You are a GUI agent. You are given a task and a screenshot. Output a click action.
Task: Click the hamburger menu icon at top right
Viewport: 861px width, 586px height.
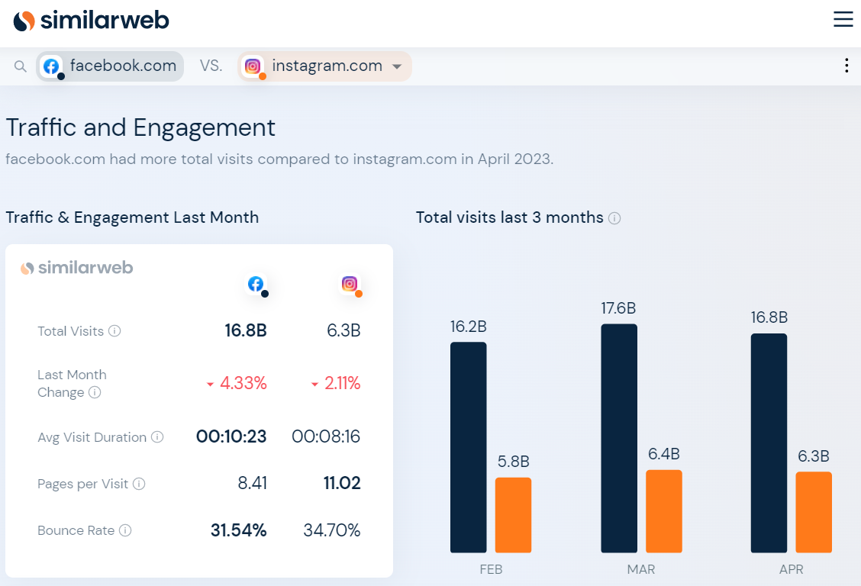pyautogui.click(x=843, y=20)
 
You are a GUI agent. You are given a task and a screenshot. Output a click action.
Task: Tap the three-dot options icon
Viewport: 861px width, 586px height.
pyautogui.click(x=846, y=66)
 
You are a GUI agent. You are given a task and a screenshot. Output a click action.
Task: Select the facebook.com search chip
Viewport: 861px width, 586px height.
pyautogui.click(x=111, y=66)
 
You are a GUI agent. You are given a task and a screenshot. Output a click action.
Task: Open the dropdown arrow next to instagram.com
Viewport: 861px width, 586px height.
pyautogui.click(x=397, y=67)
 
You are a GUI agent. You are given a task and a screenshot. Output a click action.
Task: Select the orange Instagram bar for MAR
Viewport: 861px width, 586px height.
pyautogui.click(x=664, y=511)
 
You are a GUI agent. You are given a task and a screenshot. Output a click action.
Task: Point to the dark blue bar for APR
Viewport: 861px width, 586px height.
pyautogui.click(x=769, y=443)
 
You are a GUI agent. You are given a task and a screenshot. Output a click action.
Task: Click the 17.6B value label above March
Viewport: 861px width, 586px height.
pyautogui.click(x=618, y=308)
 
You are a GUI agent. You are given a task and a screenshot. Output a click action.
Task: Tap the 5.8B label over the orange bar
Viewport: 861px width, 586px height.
pyautogui.click(x=513, y=462)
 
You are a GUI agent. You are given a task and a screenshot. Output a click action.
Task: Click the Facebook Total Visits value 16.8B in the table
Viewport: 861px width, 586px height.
pyautogui.click(x=246, y=331)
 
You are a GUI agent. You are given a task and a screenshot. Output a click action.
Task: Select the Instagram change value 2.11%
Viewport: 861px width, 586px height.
pyautogui.click(x=336, y=384)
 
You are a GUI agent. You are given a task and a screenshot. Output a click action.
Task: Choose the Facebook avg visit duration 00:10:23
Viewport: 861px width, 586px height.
pyautogui.click(x=231, y=437)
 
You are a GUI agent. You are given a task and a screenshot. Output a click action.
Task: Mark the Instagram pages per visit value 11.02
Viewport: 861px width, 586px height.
pyautogui.click(x=341, y=484)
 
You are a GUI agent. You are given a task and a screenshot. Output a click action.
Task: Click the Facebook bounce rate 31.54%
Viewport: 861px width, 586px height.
pyautogui.click(x=238, y=530)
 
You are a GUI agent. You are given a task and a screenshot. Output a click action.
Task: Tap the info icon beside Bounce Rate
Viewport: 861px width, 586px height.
pyautogui.click(x=125, y=530)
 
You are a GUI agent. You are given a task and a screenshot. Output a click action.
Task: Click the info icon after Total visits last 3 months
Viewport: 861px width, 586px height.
pyautogui.click(x=614, y=218)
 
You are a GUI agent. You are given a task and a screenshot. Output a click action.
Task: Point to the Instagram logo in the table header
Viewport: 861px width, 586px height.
pyautogui.click(x=350, y=284)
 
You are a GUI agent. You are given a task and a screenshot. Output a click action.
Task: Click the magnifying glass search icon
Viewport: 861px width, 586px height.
pyautogui.click(x=21, y=66)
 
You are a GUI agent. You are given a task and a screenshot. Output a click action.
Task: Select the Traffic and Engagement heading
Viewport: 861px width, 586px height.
pyautogui.click(x=140, y=127)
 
